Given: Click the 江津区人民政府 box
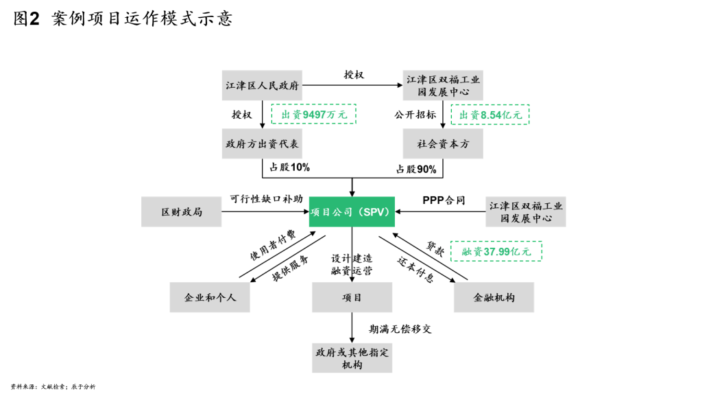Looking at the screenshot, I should click(x=262, y=85).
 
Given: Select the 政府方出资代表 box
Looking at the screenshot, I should click(x=262, y=143).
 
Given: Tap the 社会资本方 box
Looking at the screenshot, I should click(x=443, y=143).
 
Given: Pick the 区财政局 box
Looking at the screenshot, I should click(x=182, y=211).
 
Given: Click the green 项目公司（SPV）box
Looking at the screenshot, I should click(x=352, y=211).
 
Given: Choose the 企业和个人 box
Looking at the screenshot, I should click(x=210, y=297).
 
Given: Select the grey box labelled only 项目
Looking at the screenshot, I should click(x=352, y=297).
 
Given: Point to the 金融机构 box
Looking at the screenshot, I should click(x=494, y=297).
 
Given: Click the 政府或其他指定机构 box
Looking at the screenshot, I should click(x=352, y=358).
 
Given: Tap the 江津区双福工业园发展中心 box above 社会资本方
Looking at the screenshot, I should click(x=443, y=85).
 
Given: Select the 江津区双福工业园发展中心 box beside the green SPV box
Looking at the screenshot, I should click(x=526, y=211).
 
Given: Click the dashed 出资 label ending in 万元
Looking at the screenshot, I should click(x=313, y=115).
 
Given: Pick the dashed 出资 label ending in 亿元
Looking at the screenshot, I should click(x=489, y=115).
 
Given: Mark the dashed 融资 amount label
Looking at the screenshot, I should click(x=496, y=251).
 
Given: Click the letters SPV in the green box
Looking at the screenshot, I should click(x=376, y=212).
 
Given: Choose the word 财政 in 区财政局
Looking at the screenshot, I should click(x=182, y=212).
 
